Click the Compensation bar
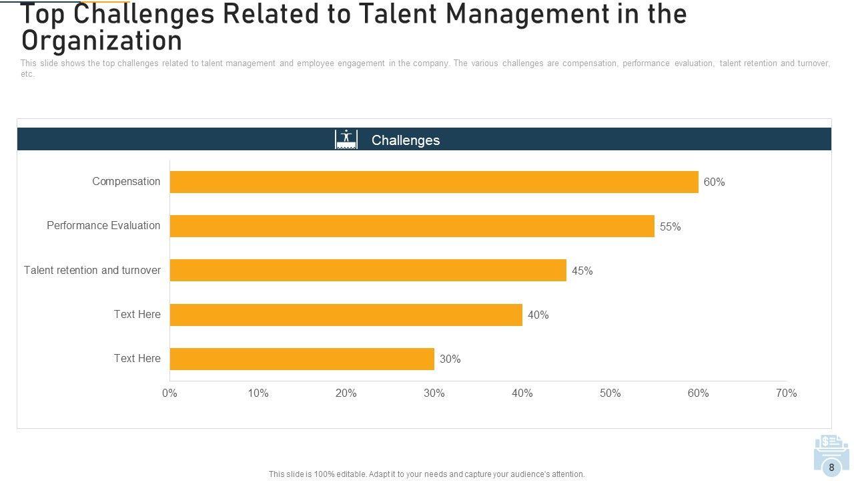point(434,182)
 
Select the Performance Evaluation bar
point(412,226)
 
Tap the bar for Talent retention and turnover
point(368,270)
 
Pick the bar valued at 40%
point(346,315)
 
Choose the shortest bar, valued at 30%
point(302,359)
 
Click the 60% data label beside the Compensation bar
point(714,182)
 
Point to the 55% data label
point(670,227)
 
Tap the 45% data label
point(582,271)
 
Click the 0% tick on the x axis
point(169,393)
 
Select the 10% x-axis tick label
point(258,393)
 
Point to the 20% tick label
point(346,393)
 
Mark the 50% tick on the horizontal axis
point(610,393)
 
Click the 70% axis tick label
point(786,393)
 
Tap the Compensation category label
point(126,182)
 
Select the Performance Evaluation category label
point(103,226)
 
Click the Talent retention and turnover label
point(92,271)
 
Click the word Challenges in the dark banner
point(406,140)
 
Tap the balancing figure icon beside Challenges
point(346,139)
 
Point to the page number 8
point(831,468)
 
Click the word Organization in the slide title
point(101,41)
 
